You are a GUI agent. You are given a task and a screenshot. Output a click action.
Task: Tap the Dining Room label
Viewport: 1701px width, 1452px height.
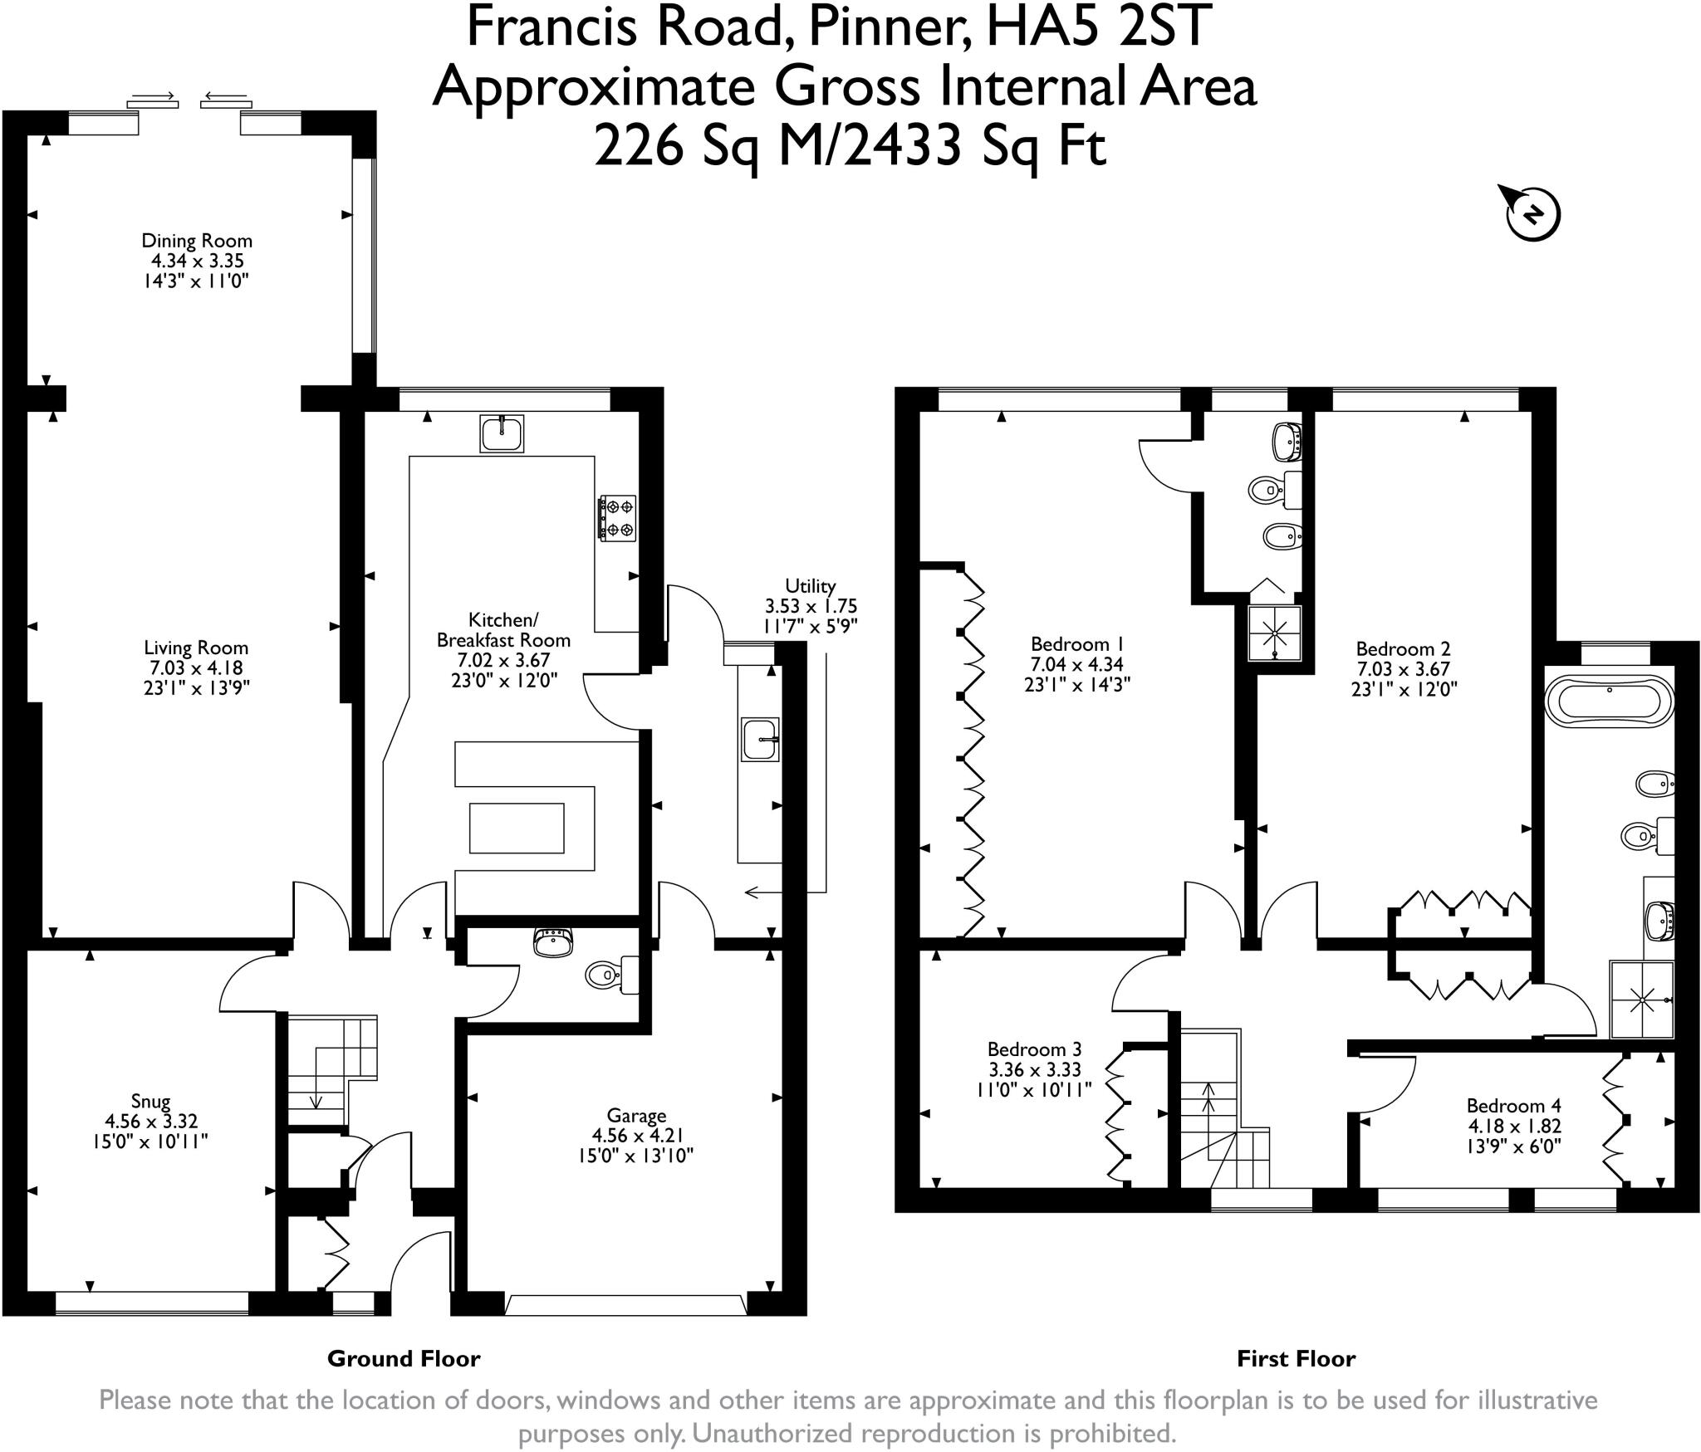(x=197, y=241)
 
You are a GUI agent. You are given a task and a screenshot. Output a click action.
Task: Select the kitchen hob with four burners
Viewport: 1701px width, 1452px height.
(x=618, y=518)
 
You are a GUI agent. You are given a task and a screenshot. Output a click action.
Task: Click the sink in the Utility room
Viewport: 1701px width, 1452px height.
(x=760, y=739)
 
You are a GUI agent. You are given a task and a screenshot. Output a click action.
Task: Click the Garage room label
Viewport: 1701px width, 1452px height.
(x=636, y=1116)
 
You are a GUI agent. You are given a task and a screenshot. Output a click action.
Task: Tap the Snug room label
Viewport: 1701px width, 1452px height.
(x=150, y=1102)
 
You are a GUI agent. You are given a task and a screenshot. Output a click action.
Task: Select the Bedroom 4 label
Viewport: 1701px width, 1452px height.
(x=1513, y=1106)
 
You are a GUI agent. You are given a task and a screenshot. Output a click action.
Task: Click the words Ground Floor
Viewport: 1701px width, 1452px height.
(x=404, y=1358)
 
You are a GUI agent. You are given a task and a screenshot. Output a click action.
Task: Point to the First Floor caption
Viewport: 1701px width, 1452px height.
(x=1296, y=1358)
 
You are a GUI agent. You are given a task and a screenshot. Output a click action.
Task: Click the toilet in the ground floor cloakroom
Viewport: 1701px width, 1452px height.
(x=611, y=975)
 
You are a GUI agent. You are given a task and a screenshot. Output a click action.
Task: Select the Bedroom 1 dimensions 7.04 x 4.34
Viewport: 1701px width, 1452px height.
(x=1077, y=664)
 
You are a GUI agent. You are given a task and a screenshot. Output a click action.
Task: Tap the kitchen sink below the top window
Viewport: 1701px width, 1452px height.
(x=502, y=433)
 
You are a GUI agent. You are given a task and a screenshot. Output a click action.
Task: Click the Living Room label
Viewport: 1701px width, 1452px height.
(x=196, y=648)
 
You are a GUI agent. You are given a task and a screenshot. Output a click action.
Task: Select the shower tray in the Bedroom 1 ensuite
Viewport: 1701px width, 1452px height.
(x=1274, y=634)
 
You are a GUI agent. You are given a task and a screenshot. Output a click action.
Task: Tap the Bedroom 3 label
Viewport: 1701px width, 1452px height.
(x=1034, y=1049)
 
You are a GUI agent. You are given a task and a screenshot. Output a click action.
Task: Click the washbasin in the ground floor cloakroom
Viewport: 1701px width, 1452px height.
(x=553, y=941)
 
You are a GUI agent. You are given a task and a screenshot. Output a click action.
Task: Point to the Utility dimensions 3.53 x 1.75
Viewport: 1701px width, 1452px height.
(x=811, y=606)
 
